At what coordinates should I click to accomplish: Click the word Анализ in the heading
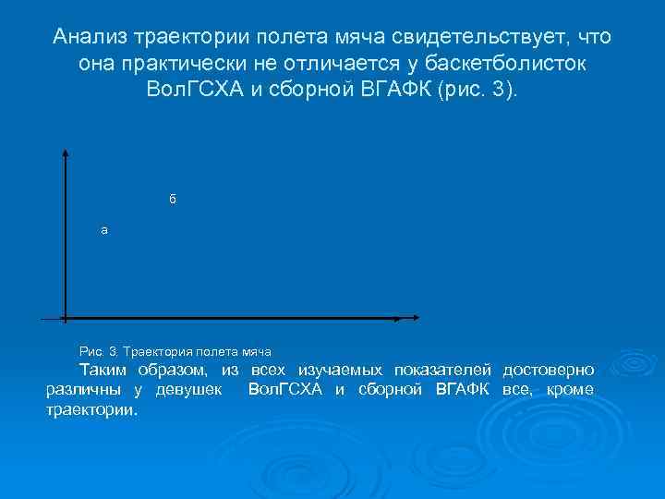tap(90, 37)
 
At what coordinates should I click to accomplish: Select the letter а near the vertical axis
tap(104, 230)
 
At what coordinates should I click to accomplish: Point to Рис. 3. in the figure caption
tap(100, 352)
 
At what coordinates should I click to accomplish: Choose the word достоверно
tap(549, 370)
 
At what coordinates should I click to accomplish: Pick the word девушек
tap(190, 389)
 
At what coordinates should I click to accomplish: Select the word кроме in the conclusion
tap(571, 389)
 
